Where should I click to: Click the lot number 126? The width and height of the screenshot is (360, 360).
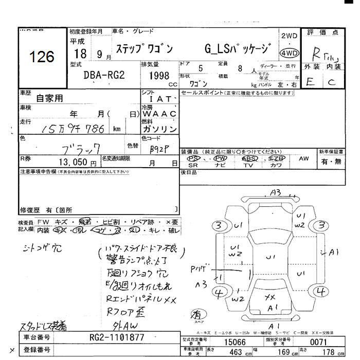click(x=42, y=56)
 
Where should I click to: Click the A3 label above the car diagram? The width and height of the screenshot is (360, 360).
click(x=275, y=192)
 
